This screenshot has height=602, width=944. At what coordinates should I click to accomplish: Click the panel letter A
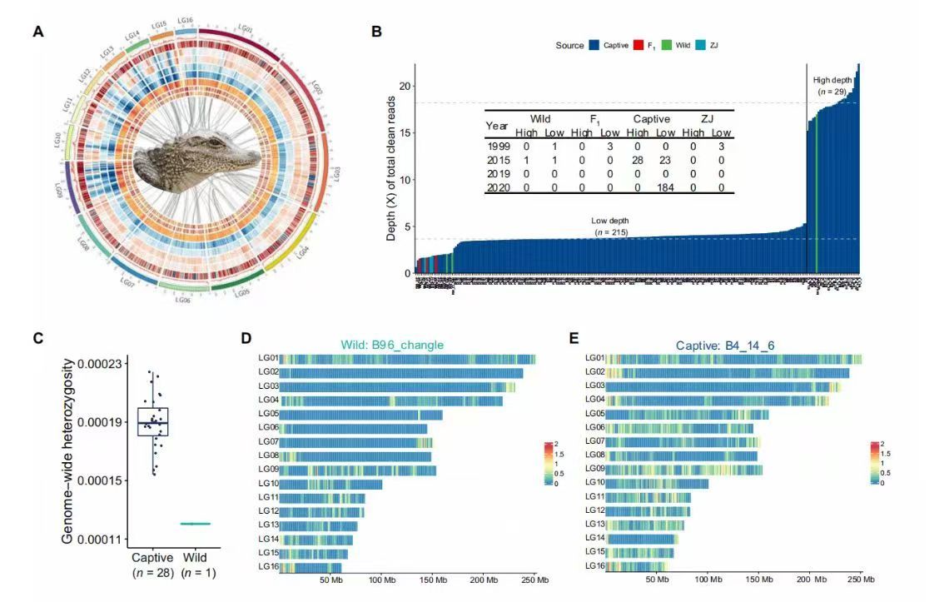click(x=37, y=32)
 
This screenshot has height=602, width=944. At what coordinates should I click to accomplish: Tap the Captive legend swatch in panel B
click(x=595, y=44)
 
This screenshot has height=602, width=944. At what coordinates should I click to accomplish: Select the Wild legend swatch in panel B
click(x=668, y=44)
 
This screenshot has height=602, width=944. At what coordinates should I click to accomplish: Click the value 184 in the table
click(x=664, y=187)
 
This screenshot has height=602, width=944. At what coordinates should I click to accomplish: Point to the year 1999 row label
click(x=498, y=147)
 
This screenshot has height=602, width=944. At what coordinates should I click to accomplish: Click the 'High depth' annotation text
click(x=832, y=80)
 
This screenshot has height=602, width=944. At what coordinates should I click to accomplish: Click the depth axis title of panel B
click(x=390, y=167)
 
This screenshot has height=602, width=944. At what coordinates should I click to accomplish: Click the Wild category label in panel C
click(x=196, y=557)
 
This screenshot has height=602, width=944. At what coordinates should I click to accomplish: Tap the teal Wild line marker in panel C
click(x=196, y=524)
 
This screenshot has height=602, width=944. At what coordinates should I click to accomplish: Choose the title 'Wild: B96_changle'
click(x=391, y=344)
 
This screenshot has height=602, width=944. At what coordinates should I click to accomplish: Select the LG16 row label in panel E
click(x=594, y=566)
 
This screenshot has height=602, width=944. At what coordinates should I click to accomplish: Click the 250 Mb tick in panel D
click(x=535, y=579)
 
